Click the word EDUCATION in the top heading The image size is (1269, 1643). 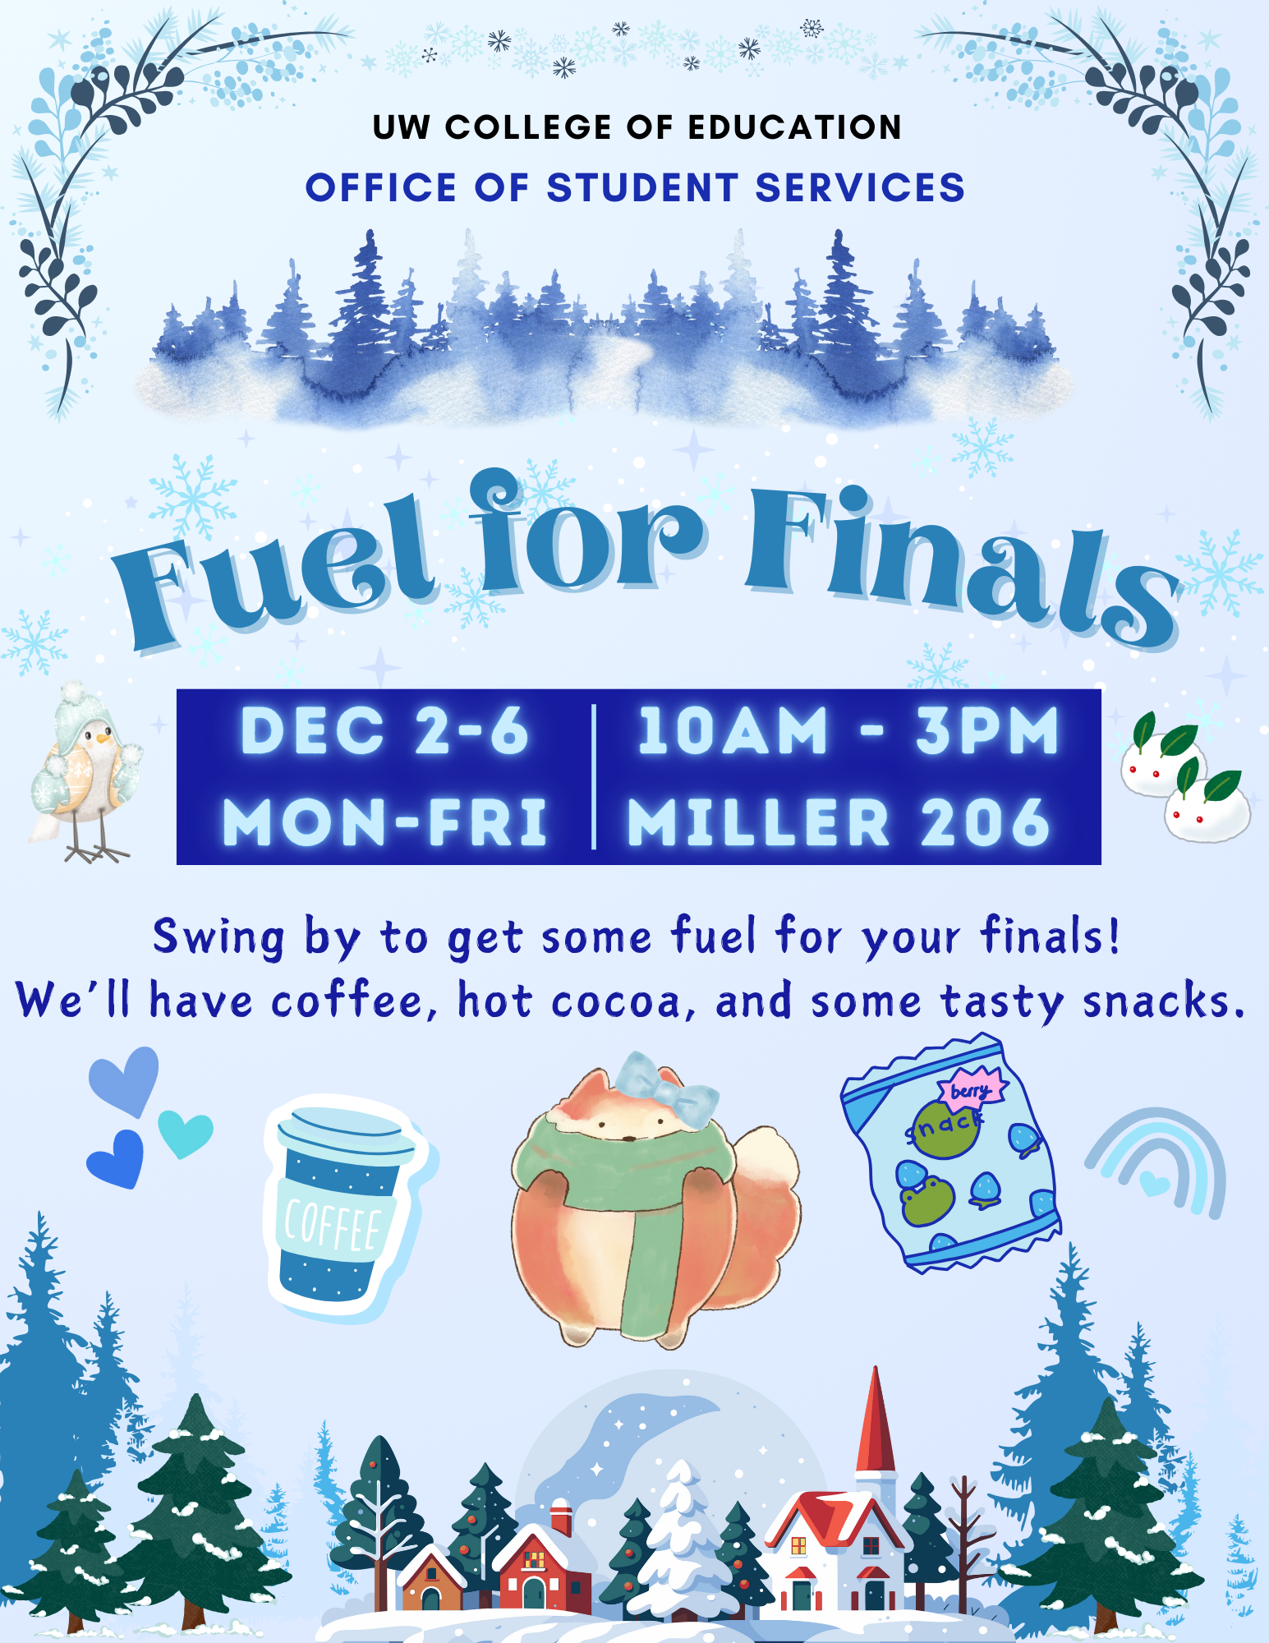[x=794, y=127]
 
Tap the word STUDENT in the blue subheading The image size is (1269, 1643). [x=642, y=188]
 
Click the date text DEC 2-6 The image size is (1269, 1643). [x=384, y=730]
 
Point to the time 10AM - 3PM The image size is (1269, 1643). [x=848, y=730]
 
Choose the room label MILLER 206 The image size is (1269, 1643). [x=839, y=821]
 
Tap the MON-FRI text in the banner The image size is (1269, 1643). [x=384, y=821]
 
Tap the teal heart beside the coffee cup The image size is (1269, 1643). [x=186, y=1133]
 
